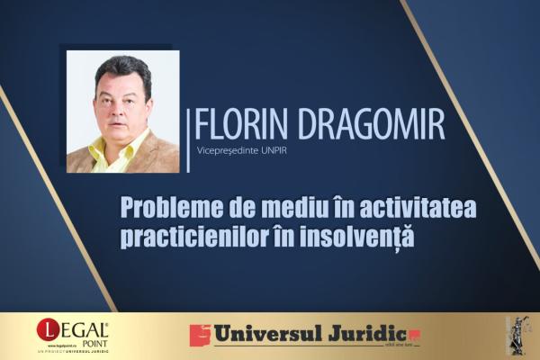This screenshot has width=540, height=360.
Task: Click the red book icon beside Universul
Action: (x=199, y=336)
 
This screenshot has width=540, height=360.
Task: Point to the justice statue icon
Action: (x=517, y=335)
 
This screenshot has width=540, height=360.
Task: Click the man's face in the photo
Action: (x=121, y=99)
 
